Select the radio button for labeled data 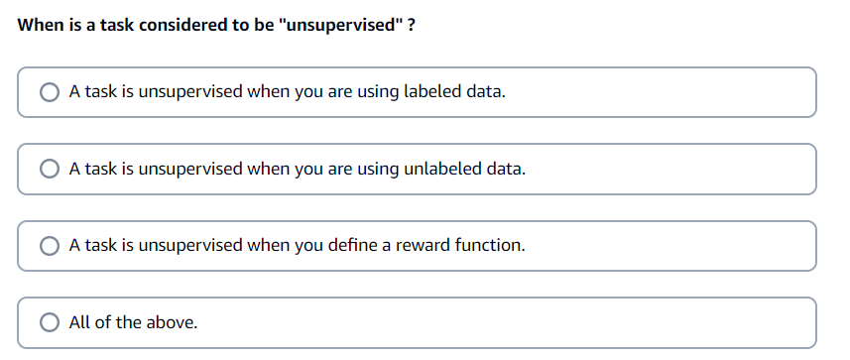coord(50,92)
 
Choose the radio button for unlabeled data coord(50,169)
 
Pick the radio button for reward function coord(50,245)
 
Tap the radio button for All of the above coord(50,322)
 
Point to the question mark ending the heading coord(411,25)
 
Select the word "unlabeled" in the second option coord(444,169)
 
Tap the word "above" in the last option coord(173,322)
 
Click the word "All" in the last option coord(80,322)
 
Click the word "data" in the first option coord(487,92)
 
